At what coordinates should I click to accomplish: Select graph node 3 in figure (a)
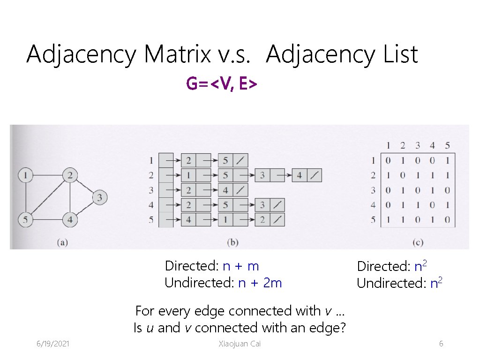point(99,197)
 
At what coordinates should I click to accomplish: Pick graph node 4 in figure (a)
point(70,219)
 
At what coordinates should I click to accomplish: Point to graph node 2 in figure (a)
point(70,175)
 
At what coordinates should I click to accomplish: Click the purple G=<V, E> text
point(221,84)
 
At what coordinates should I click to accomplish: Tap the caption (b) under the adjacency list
point(233,242)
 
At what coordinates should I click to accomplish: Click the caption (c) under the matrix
point(418,242)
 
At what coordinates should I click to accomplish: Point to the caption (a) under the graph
point(62,242)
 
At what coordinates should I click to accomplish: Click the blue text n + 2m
point(260,283)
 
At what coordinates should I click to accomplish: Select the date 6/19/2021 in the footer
point(53,344)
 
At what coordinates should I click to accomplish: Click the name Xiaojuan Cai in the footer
point(240,344)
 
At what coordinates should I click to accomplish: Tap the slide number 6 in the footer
point(441,344)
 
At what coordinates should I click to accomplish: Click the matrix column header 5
point(447,145)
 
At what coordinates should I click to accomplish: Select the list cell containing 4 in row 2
point(300,176)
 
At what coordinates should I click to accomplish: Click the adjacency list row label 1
point(151,161)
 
